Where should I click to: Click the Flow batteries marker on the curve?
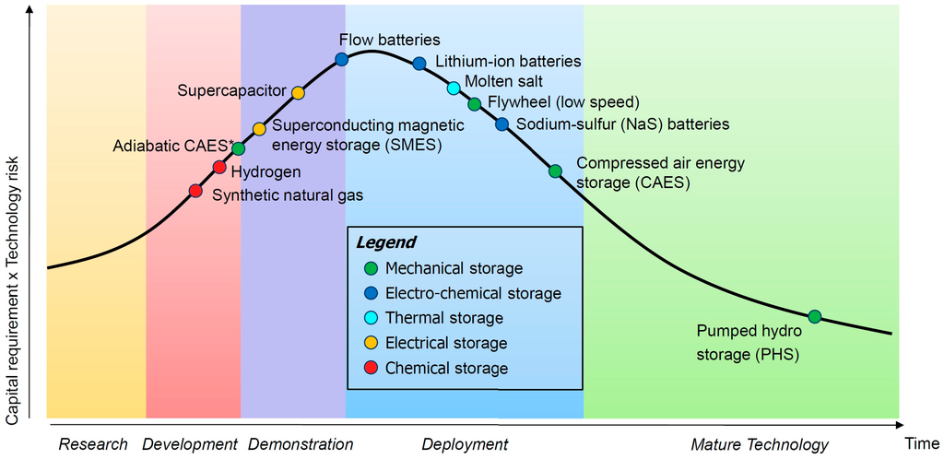pyautogui.click(x=341, y=59)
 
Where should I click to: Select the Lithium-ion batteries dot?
pyautogui.click(x=419, y=64)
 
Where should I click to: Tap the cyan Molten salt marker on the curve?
pyautogui.click(x=454, y=88)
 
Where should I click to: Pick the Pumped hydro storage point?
pyautogui.click(x=815, y=316)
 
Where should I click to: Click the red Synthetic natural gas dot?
pyautogui.click(x=195, y=191)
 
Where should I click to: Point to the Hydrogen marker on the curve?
pyautogui.click(x=219, y=167)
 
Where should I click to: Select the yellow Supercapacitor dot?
pyautogui.click(x=298, y=92)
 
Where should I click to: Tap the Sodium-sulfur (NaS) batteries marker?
pyautogui.click(x=501, y=124)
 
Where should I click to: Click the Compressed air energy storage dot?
pyautogui.click(x=555, y=171)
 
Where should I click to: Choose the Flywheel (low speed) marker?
pyautogui.click(x=474, y=103)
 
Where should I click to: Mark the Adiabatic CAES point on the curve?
pyautogui.click(x=239, y=147)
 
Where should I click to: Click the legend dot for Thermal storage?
pyautogui.click(x=371, y=318)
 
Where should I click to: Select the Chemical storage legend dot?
pyautogui.click(x=371, y=368)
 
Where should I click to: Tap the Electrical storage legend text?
pyautogui.click(x=446, y=343)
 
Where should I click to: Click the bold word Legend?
pyautogui.click(x=385, y=243)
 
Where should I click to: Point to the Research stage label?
pyautogui.click(x=93, y=444)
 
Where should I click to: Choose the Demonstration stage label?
pyautogui.click(x=301, y=444)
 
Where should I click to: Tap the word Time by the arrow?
pyautogui.click(x=921, y=443)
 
